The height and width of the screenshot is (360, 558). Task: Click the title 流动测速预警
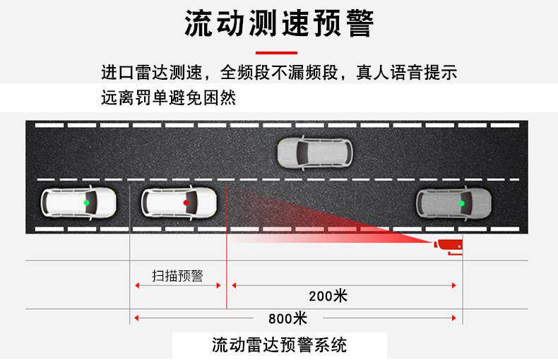click(x=278, y=24)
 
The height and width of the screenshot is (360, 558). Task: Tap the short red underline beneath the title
click(x=276, y=52)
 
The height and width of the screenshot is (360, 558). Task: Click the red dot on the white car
click(x=186, y=203)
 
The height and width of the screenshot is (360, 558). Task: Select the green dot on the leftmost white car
click(x=85, y=203)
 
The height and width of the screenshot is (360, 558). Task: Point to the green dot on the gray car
click(x=461, y=203)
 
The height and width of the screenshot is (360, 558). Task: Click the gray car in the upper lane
click(x=314, y=152)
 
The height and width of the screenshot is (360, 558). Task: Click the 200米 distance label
click(x=328, y=296)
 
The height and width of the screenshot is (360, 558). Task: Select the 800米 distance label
click(x=287, y=318)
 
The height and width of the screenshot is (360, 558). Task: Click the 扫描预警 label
click(x=177, y=275)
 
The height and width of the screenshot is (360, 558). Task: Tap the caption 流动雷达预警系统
click(x=280, y=345)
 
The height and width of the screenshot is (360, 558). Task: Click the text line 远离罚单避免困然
click(x=168, y=99)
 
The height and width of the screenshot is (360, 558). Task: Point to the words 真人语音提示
click(x=412, y=73)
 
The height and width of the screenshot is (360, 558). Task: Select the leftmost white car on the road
click(x=78, y=203)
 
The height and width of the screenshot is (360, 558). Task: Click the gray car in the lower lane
click(x=453, y=203)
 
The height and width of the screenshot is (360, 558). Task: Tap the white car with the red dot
click(x=178, y=203)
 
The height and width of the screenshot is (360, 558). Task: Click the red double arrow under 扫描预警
click(x=177, y=285)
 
